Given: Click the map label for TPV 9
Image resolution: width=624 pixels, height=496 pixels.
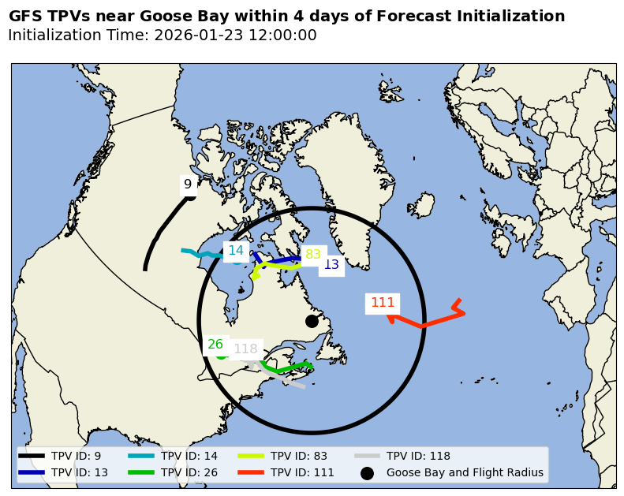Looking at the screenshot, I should (188, 185).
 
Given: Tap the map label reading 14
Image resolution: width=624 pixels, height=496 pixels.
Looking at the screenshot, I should (235, 251).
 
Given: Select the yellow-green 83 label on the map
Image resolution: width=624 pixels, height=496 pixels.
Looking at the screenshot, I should (313, 254).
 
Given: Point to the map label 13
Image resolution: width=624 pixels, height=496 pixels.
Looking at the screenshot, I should (331, 265).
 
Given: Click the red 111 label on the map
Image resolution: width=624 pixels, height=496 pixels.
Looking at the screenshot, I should (383, 303).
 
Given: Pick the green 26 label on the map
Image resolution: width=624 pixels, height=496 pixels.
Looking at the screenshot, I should (215, 345).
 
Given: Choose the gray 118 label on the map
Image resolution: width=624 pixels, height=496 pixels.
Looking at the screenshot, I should (245, 349).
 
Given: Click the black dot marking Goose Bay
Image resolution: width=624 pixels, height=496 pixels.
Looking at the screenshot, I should (312, 321).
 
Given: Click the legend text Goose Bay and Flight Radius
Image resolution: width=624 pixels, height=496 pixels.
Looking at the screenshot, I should (465, 473).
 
